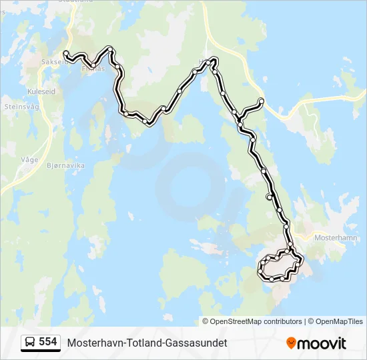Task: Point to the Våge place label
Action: pyautogui.click(x=29, y=160)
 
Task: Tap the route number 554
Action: pyautogui.click(x=47, y=342)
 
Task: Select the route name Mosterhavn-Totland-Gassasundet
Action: pyautogui.click(x=147, y=343)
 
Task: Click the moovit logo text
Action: pyautogui.click(x=322, y=343)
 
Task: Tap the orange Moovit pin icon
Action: pyautogui.click(x=291, y=343)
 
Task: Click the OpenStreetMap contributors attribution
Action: pyautogui.click(x=252, y=321)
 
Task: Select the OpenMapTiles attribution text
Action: pyautogui.click(x=336, y=321)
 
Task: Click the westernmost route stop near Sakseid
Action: pyautogui.click(x=65, y=53)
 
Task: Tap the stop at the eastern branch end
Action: pyautogui.click(x=262, y=101)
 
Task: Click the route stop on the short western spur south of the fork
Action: pyautogui.click(x=269, y=197)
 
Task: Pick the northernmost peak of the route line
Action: pyautogui.click(x=214, y=60)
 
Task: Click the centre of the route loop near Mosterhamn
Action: pyautogui.click(x=278, y=267)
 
